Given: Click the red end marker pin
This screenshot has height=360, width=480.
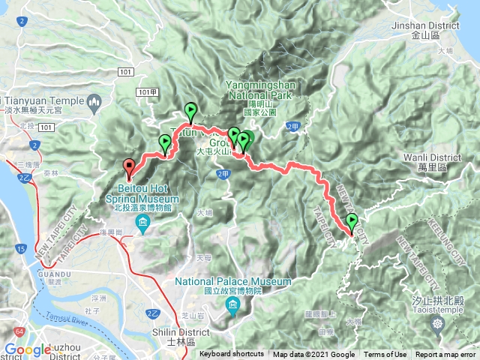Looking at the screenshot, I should (128, 168).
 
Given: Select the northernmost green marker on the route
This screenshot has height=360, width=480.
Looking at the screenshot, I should (191, 111).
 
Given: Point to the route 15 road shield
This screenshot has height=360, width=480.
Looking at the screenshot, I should (20, 248).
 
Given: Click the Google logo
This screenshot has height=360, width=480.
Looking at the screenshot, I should (28, 349).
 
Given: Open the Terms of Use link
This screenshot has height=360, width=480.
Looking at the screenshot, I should (385, 355).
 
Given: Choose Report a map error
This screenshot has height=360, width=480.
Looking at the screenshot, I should (445, 355).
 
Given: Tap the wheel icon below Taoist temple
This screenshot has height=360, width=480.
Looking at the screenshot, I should (438, 325).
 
